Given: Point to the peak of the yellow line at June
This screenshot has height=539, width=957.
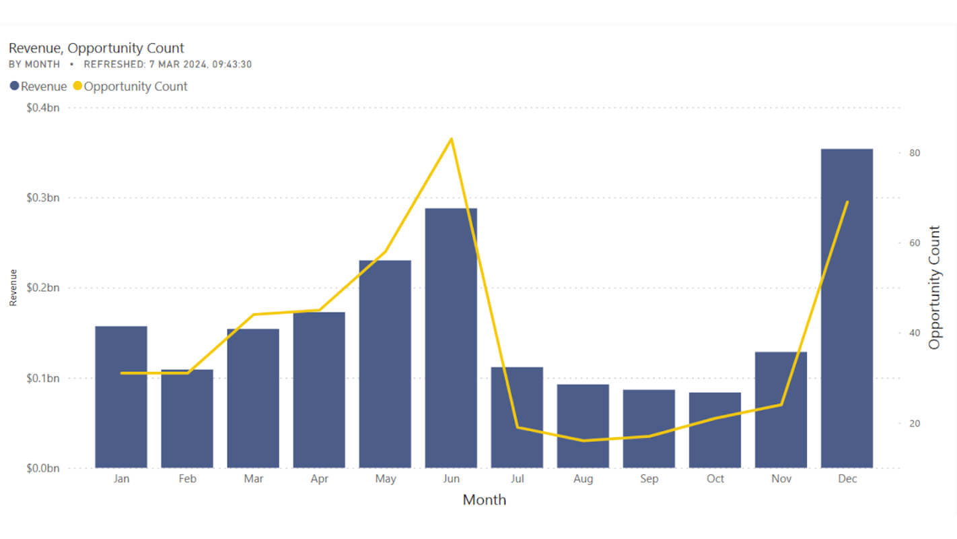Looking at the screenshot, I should [x=451, y=139].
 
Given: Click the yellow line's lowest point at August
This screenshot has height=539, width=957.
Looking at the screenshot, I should [x=583, y=441].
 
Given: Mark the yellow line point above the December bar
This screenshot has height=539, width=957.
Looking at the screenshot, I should [x=847, y=202].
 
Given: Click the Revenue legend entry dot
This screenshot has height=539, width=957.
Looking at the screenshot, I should [x=14, y=86].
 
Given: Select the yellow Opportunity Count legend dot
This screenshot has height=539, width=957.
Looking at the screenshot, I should [x=77, y=86].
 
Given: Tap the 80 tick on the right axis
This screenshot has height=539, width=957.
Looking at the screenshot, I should [x=915, y=153].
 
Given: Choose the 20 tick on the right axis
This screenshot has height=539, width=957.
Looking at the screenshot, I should [x=915, y=423].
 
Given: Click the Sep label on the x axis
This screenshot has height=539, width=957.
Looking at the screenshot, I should [x=649, y=479].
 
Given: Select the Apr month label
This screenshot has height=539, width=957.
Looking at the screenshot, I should [x=319, y=479].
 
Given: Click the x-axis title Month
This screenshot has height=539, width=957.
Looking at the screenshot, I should [x=484, y=500].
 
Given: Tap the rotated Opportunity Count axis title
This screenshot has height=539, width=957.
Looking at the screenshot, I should [x=934, y=288].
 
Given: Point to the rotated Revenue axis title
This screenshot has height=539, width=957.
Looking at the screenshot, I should [x=13, y=288].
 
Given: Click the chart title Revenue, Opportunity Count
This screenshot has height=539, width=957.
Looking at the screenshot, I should [x=96, y=48].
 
